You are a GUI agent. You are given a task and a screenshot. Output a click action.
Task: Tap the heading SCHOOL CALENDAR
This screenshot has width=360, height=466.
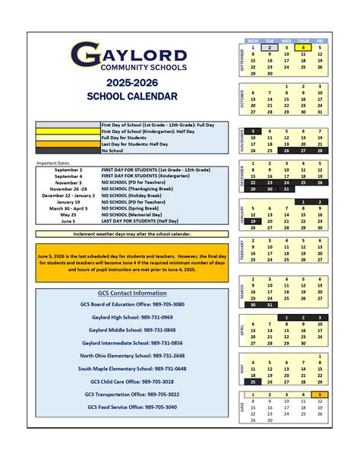coord(132,97)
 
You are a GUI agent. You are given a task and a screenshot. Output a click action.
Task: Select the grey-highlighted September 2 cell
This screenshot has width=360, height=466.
coord(269,47)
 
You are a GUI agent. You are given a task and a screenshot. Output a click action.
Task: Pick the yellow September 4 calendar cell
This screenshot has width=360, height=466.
coord(303,47)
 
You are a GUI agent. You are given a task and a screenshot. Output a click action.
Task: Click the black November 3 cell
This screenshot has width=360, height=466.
coord(251,131)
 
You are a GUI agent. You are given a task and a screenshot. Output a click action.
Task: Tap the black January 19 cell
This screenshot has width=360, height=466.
coord(251,220)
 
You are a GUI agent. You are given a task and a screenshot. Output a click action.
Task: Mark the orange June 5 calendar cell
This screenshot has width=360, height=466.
coord(321,395)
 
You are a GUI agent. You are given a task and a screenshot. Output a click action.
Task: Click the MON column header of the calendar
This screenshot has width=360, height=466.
coord(251,40)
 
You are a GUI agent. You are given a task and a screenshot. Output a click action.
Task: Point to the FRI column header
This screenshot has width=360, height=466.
coord(321,40)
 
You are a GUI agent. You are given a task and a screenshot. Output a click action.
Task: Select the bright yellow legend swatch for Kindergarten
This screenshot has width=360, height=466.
coord(67,132)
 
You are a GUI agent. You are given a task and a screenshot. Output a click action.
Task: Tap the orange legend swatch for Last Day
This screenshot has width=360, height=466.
coord(67,144)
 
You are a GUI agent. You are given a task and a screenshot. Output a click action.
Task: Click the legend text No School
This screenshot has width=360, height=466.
coord(112,150)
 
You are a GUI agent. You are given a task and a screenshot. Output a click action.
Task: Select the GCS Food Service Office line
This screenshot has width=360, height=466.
coord(132,407)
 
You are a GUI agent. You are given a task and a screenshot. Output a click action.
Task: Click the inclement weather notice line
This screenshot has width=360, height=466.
coord(132,234)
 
